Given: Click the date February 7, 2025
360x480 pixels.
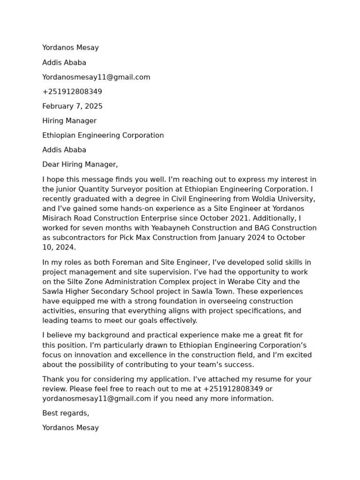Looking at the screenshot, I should pos(72,106).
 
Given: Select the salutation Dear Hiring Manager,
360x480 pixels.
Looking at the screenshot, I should pos(80,165).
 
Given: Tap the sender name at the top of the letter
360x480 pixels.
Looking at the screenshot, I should pos(70,48).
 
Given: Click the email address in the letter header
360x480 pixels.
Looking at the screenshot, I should pos(96,77).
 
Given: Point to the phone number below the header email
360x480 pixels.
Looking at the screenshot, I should pos(72,92).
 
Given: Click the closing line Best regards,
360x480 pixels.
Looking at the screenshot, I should pos(66,413).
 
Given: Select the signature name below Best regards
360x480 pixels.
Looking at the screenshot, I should pos(70,428).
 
